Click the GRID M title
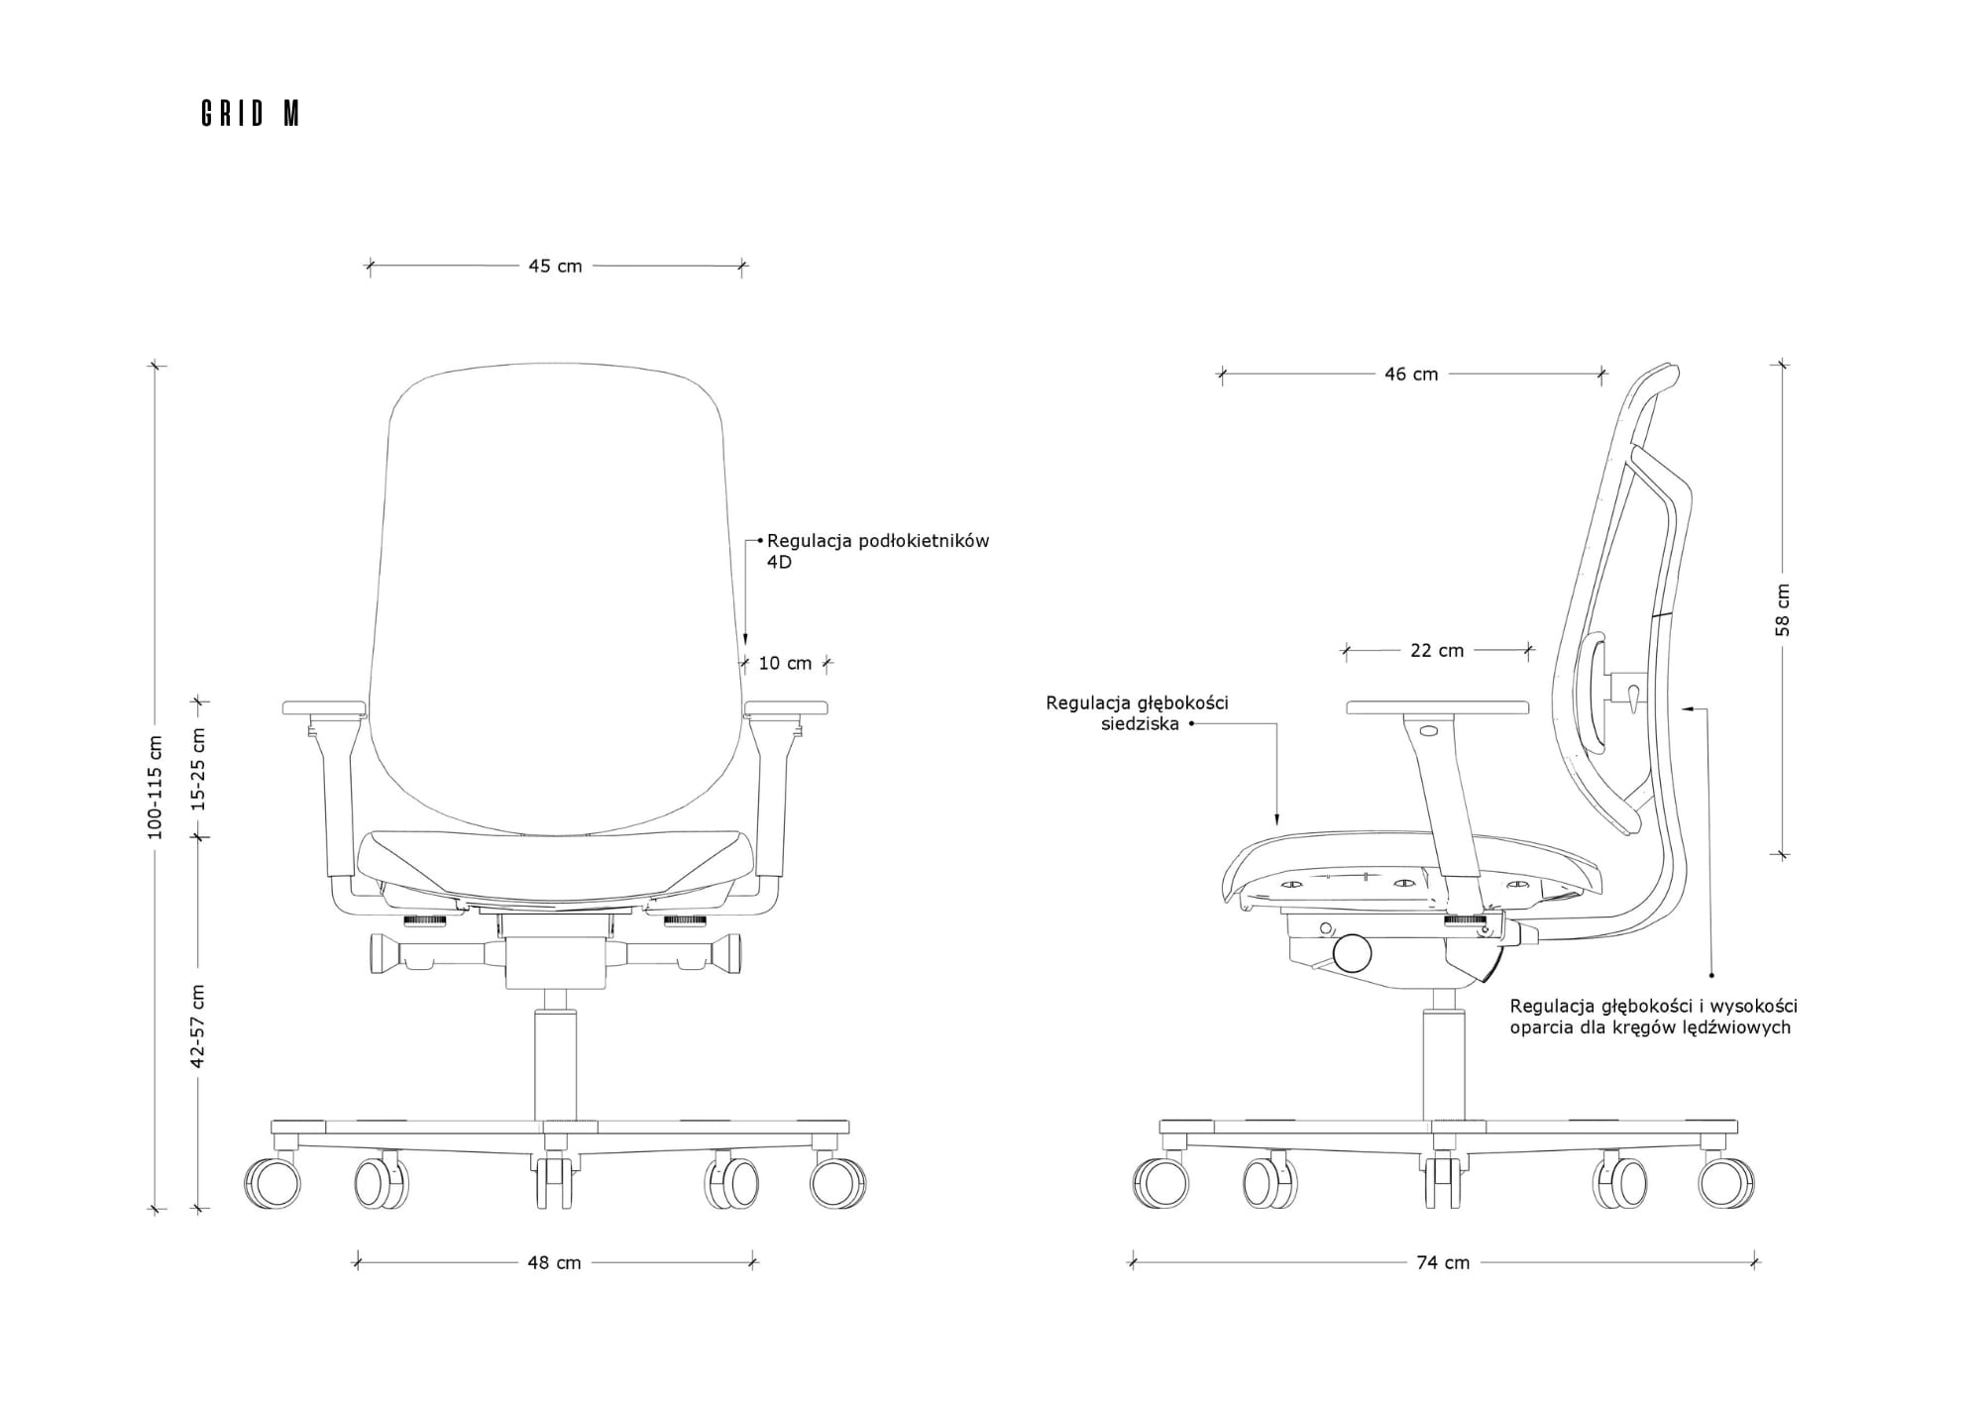click(250, 114)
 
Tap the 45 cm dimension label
click(555, 266)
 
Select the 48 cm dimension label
click(554, 1262)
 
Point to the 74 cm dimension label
click(1443, 1262)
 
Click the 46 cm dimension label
click(1411, 374)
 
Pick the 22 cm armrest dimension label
click(1437, 650)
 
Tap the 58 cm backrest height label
click(1783, 609)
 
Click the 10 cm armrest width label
click(785, 663)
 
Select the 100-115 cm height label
click(155, 788)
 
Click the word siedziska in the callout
click(1140, 723)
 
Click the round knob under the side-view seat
click(1352, 953)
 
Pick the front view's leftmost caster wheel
click(273, 1183)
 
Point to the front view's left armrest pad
click(324, 708)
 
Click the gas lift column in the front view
click(555, 1065)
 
